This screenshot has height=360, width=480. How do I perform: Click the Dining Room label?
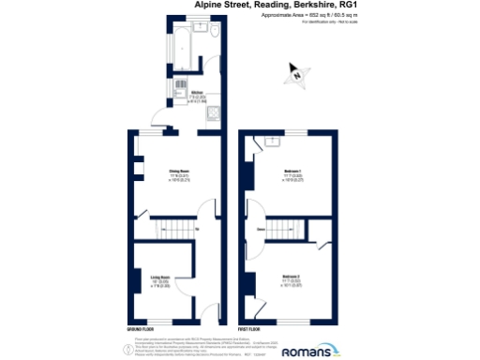tap(179, 171)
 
